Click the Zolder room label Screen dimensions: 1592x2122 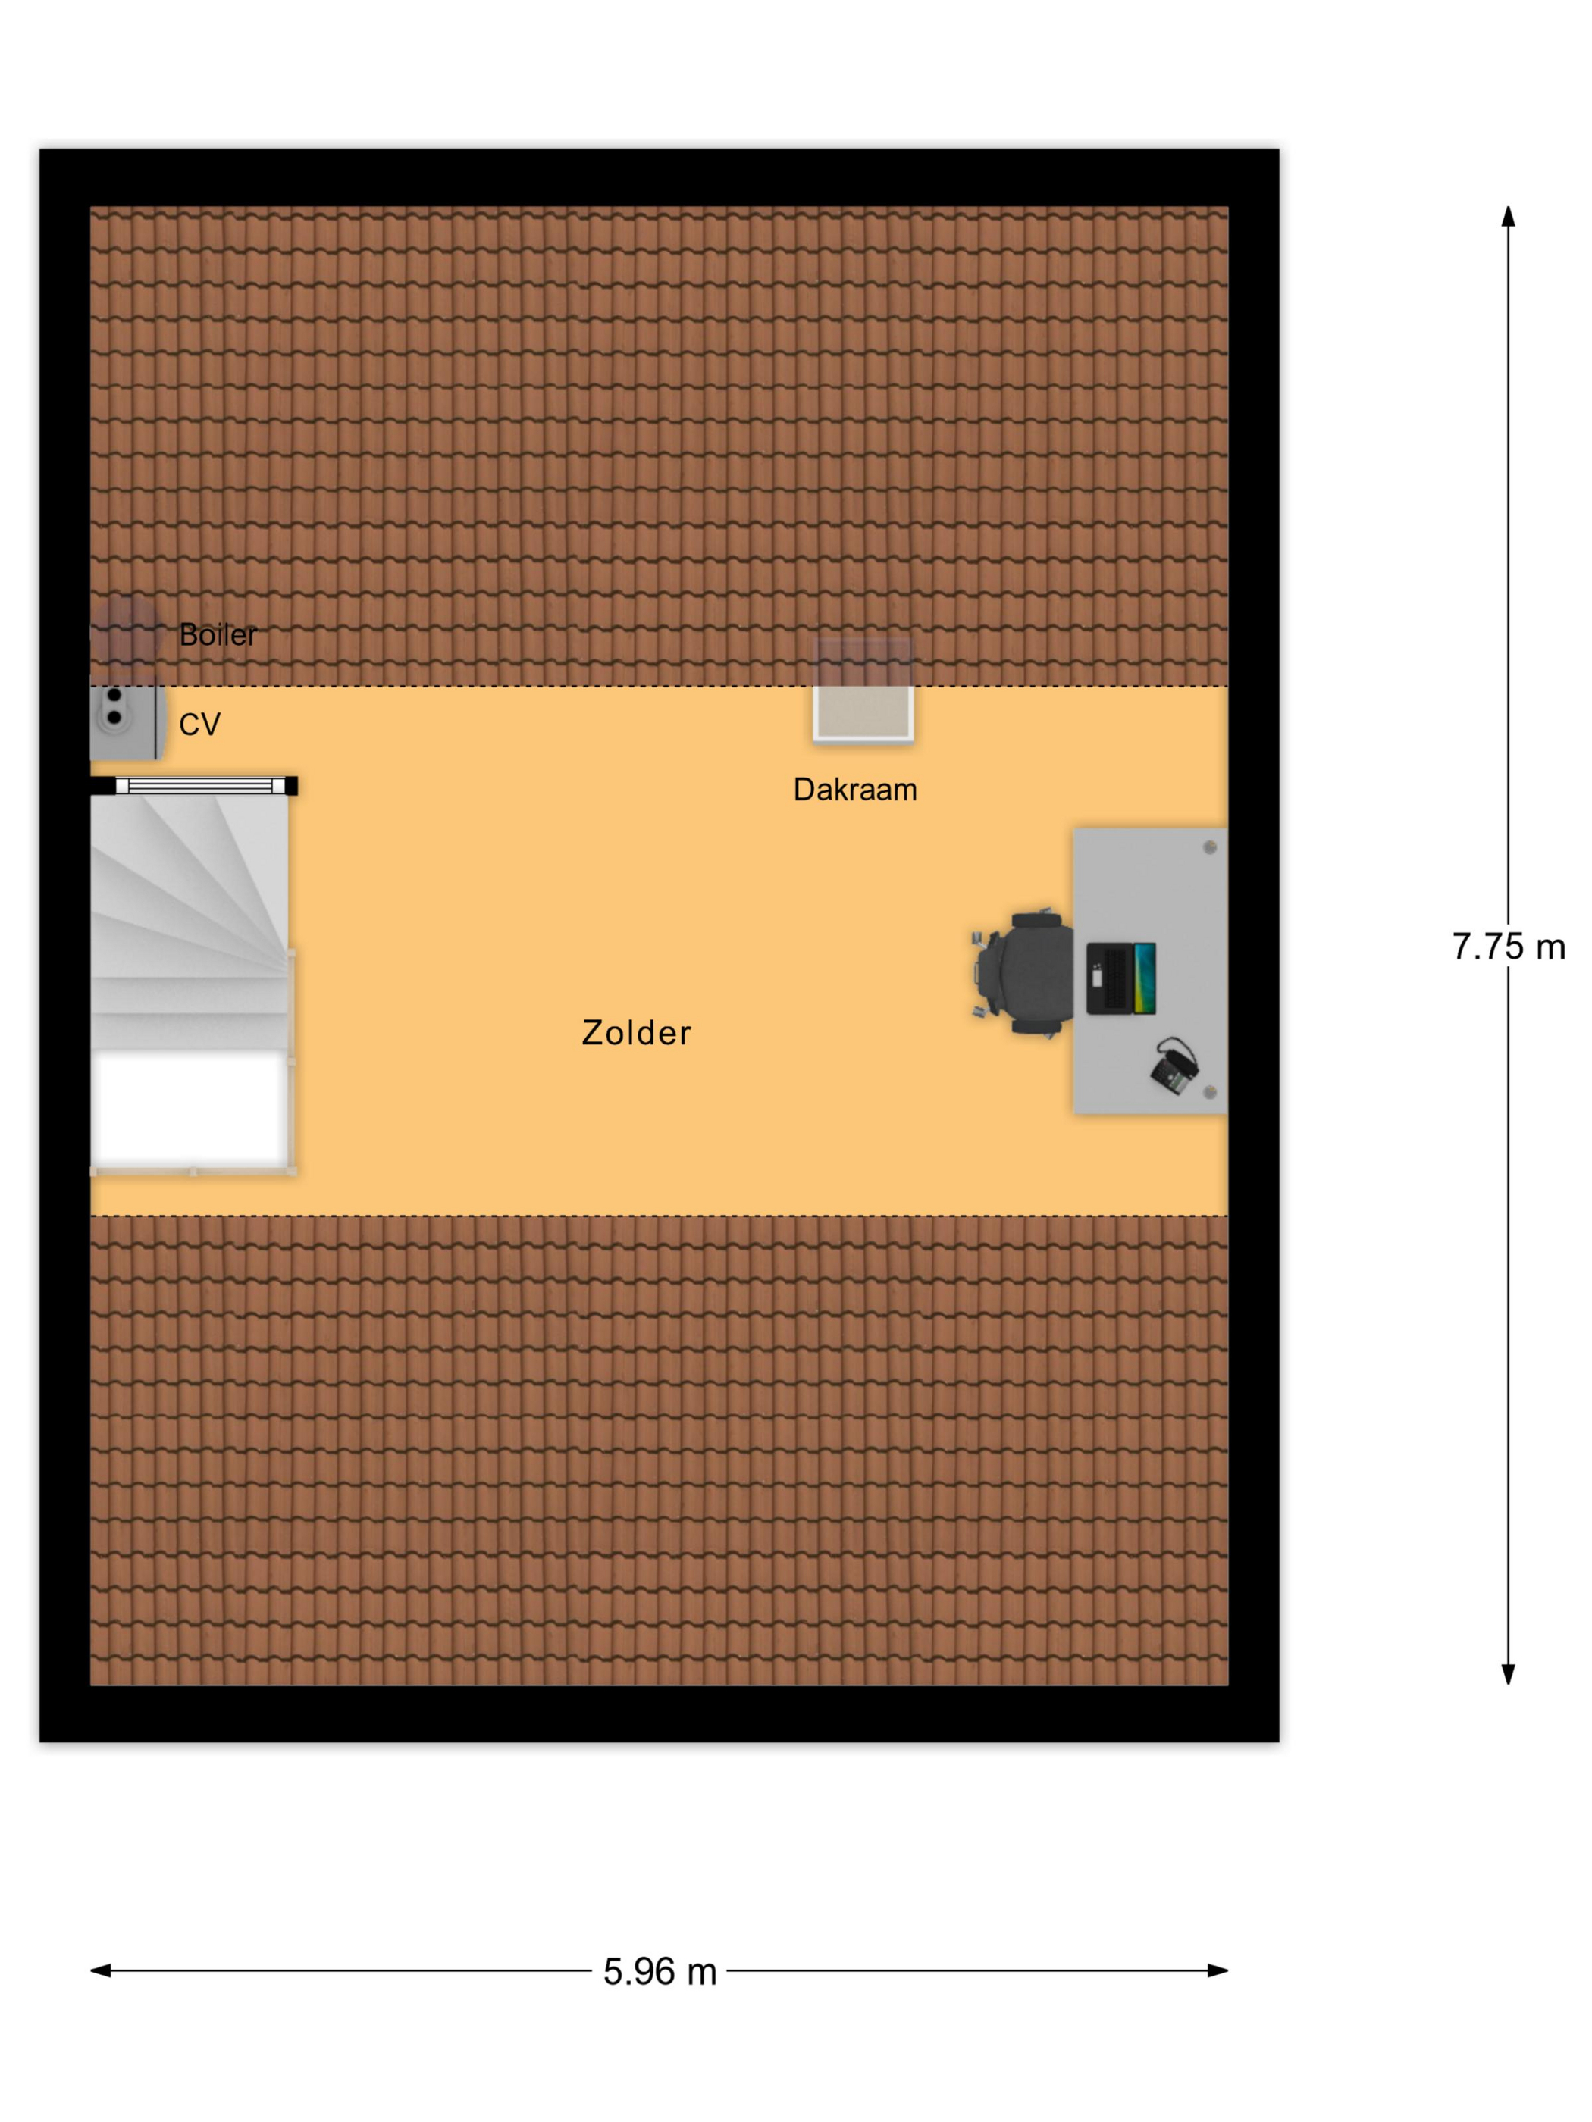pos(636,1032)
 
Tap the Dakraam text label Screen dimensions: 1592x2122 pos(855,790)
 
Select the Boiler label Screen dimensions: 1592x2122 pos(218,634)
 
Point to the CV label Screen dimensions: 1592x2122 pos(199,725)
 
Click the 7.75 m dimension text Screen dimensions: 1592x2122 pos(1509,947)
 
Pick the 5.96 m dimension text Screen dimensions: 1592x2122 pos(660,1971)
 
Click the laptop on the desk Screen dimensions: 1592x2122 pos(1120,978)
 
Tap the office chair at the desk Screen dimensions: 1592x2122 pos(1023,974)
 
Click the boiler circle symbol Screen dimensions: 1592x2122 pos(127,631)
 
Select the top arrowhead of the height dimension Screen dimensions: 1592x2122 pos(1509,217)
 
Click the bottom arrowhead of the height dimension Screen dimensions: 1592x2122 pos(1509,1674)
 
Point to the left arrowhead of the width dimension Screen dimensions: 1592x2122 pos(101,1970)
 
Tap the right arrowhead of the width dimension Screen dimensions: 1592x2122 pos(1218,1970)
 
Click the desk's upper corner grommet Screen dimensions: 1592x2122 pos(1209,847)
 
